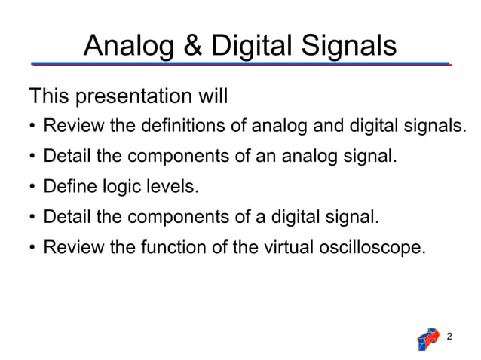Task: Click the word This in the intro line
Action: [x=47, y=97]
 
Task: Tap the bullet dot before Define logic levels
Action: [x=33, y=188]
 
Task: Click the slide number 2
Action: [x=450, y=335]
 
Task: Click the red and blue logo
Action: [x=427, y=339]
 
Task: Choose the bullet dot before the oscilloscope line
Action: [x=33, y=248]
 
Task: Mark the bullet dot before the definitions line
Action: [x=33, y=127]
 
